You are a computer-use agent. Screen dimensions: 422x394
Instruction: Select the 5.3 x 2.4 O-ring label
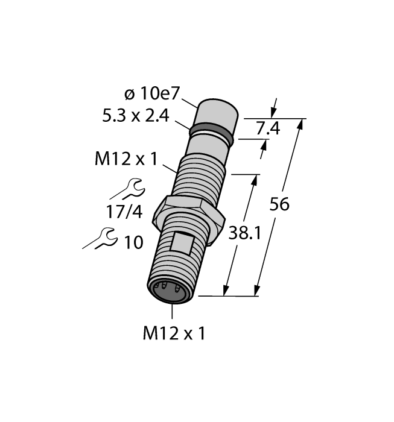click(x=136, y=116)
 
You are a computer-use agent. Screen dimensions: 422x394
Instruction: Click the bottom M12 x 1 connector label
click(x=173, y=333)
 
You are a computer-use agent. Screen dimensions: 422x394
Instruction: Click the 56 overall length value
click(x=279, y=204)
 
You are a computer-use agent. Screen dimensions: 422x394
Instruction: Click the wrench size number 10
click(x=133, y=242)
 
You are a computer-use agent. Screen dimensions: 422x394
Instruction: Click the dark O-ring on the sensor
click(x=211, y=133)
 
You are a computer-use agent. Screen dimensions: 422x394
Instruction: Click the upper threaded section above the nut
click(x=202, y=175)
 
